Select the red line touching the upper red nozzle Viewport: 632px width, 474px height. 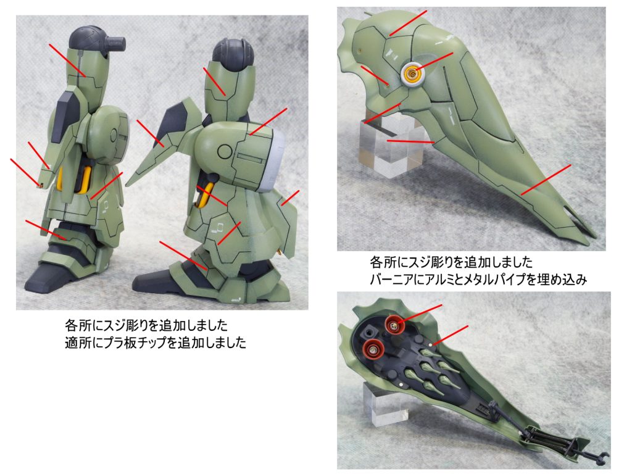pos(420,314)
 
